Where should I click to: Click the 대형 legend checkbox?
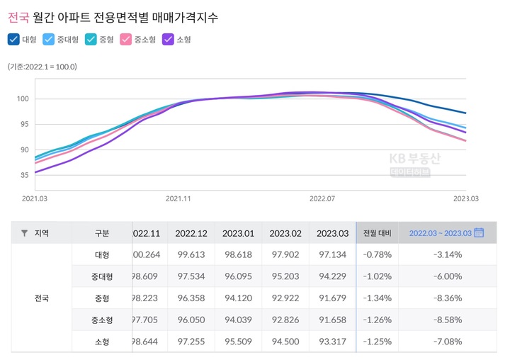13,40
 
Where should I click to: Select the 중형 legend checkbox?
90,40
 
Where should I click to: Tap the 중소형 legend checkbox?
125,40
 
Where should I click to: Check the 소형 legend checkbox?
169,40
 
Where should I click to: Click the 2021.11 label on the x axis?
178,199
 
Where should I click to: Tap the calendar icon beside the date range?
478,232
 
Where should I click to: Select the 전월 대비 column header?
377,232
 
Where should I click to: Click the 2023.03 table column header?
331,232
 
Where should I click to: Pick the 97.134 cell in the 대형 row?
331,254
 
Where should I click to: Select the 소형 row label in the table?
102,342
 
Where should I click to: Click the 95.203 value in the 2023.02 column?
286,276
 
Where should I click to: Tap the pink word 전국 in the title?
18,13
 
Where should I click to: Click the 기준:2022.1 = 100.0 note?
42,67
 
